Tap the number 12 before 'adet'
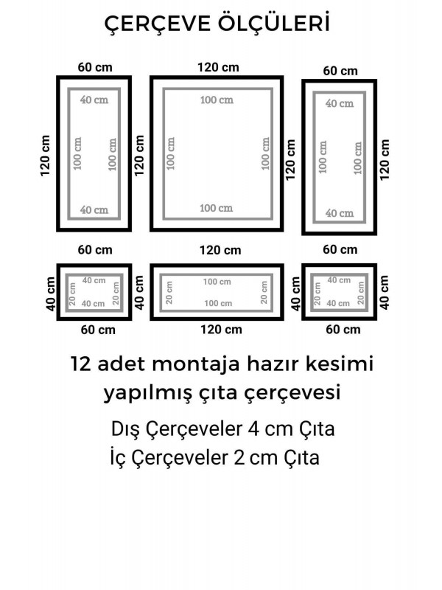82,364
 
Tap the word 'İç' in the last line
118,458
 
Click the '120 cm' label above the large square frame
218,67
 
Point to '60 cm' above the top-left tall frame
95,67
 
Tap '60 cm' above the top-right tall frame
340,71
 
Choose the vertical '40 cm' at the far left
51,293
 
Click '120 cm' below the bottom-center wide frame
218,330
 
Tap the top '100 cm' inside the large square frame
217,100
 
